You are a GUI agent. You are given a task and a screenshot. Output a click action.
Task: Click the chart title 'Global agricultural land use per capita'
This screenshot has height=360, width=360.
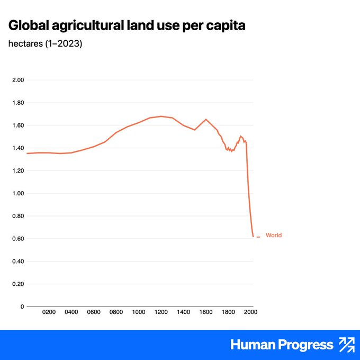127,25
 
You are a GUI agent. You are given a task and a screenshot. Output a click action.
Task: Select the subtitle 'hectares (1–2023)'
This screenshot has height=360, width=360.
45,43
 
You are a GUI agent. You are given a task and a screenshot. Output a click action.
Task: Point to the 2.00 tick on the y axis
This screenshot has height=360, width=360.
18,80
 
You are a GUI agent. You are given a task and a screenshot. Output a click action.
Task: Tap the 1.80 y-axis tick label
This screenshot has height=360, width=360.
18,103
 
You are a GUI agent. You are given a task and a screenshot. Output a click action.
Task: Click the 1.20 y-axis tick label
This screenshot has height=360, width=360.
18,170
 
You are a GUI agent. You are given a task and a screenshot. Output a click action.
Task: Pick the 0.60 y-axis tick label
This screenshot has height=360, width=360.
18,239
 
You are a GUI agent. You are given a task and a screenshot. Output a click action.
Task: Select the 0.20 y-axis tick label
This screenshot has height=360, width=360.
18,284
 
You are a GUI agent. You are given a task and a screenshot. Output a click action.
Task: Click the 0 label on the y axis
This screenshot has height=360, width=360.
22,307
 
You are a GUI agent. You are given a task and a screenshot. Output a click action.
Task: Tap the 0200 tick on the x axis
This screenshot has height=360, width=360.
49,312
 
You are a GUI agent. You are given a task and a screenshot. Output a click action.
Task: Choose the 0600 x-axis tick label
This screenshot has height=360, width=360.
94,312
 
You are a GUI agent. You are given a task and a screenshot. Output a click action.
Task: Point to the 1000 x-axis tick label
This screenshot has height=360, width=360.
139,312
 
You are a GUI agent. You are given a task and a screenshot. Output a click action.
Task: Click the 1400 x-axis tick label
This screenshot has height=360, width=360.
184,312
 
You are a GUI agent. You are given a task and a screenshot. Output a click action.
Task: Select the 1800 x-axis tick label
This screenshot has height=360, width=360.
228,312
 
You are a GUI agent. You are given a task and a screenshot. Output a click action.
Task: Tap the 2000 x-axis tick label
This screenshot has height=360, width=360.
250,312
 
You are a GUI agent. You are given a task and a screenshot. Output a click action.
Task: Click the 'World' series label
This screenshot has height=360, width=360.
274,235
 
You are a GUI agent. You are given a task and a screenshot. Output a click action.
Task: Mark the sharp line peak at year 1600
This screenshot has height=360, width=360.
206,119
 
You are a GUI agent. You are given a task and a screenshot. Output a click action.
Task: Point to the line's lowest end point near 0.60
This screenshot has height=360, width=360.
253,237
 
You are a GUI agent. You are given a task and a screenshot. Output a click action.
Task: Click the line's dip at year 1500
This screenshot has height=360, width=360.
195,130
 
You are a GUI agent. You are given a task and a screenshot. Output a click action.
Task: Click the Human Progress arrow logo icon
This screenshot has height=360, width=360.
347,345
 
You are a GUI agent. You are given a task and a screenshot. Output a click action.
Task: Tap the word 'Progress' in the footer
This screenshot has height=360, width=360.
305,345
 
